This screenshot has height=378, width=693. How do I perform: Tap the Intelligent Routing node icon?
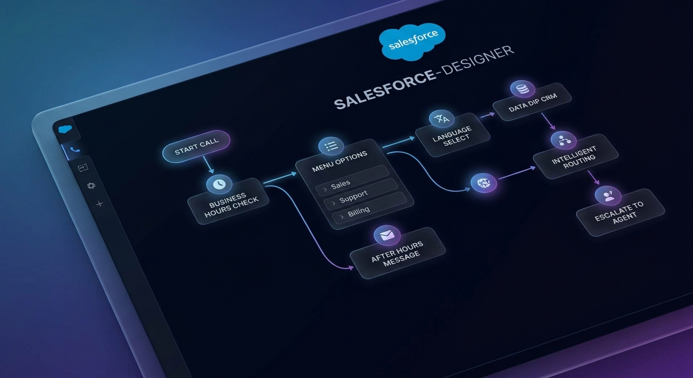564,140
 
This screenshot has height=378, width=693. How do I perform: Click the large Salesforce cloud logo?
412,43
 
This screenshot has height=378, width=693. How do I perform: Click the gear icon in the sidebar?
91,186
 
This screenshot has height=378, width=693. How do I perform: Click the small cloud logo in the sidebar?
65,129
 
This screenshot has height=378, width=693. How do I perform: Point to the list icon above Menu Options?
331,146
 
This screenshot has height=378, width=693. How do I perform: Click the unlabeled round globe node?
484,183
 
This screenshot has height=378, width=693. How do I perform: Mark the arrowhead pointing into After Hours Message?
350,268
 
